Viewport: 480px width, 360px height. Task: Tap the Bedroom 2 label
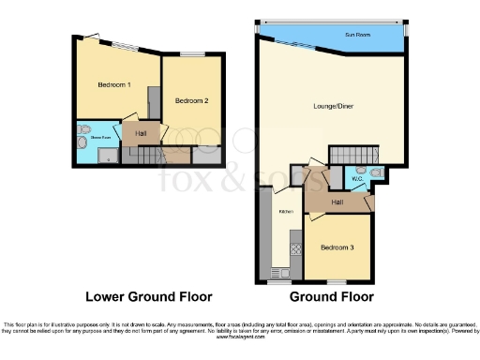(x=191, y=100)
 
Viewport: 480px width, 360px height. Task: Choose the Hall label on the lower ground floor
(x=140, y=134)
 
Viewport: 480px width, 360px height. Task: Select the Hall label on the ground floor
(x=336, y=201)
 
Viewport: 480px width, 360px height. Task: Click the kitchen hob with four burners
(x=294, y=249)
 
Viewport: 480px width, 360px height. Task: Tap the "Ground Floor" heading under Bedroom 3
(x=331, y=297)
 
